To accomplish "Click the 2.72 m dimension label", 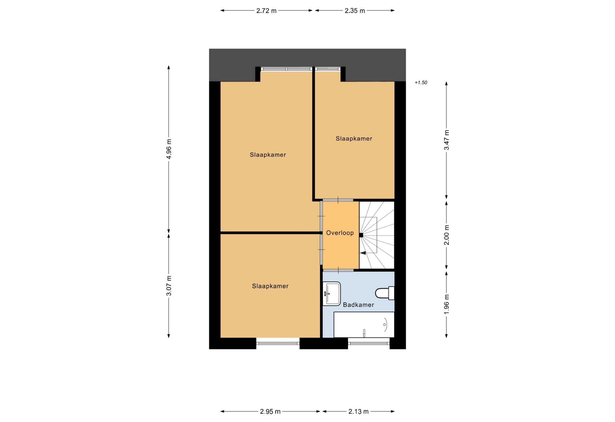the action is (266, 11).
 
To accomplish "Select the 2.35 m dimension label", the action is (355, 11).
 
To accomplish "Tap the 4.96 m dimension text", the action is (169, 149).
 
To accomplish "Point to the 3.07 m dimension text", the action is (169, 286).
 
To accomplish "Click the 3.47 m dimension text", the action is (447, 140).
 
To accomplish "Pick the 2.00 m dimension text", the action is (447, 235).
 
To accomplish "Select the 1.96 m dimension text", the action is (447, 304).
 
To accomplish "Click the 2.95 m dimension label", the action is (270, 411).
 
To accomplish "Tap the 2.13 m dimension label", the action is (358, 411).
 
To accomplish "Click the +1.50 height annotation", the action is (421, 83).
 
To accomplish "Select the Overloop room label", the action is (340, 233).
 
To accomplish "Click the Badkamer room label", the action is (359, 305).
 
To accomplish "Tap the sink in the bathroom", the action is (332, 294).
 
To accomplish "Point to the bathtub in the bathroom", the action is (364, 325).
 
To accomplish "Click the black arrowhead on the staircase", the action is (363, 253).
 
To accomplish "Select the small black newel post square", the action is (361, 235).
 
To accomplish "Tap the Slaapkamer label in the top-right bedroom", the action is (354, 139).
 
